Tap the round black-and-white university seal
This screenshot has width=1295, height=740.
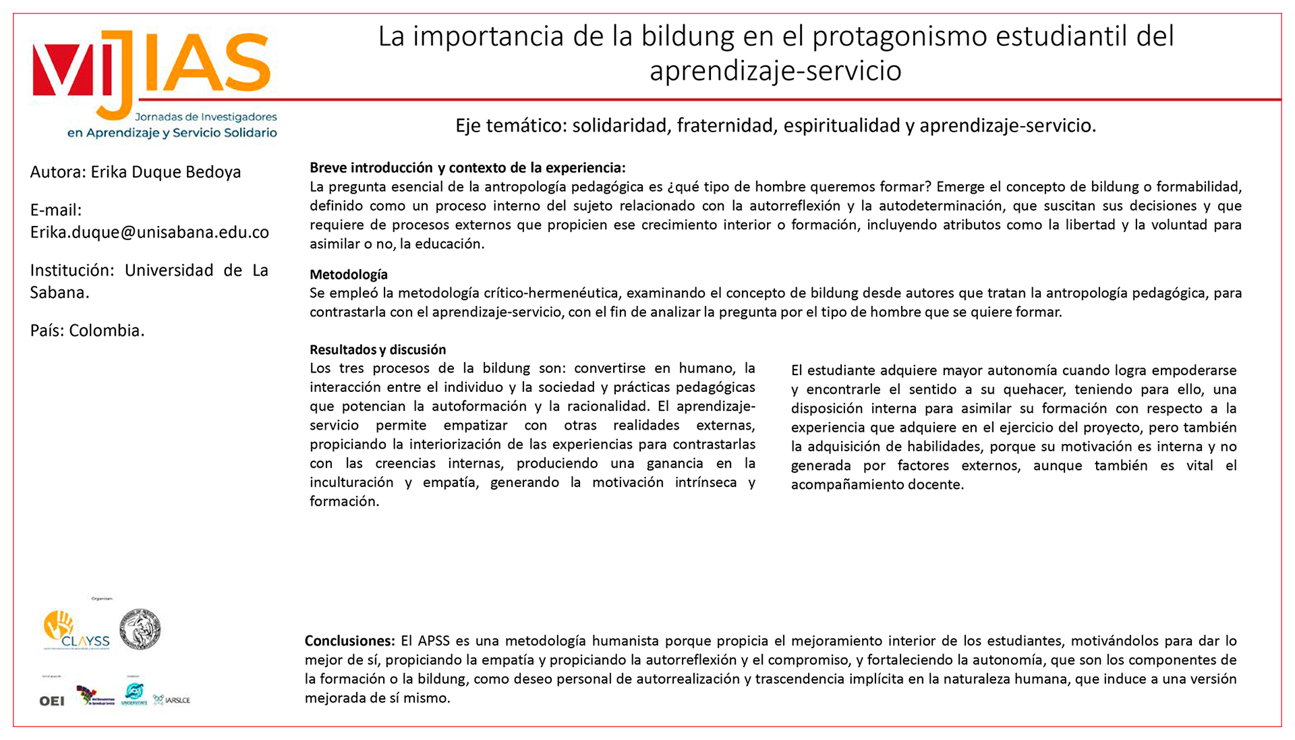[140, 629]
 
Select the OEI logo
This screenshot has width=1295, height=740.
[52, 701]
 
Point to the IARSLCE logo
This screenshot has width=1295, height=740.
[172, 700]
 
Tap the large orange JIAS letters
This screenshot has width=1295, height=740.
[202, 67]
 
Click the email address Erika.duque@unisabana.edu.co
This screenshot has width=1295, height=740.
[149, 232]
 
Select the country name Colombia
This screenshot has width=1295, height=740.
[107, 331]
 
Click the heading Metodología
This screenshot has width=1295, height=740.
[348, 275]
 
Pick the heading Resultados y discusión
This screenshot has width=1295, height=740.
[377, 349]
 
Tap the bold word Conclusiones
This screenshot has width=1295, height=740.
[349, 641]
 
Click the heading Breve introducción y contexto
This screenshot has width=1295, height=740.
[467, 168]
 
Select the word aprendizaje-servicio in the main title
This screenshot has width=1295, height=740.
[775, 71]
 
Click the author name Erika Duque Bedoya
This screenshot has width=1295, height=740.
[165, 172]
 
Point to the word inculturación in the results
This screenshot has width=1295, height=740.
[351, 482]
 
